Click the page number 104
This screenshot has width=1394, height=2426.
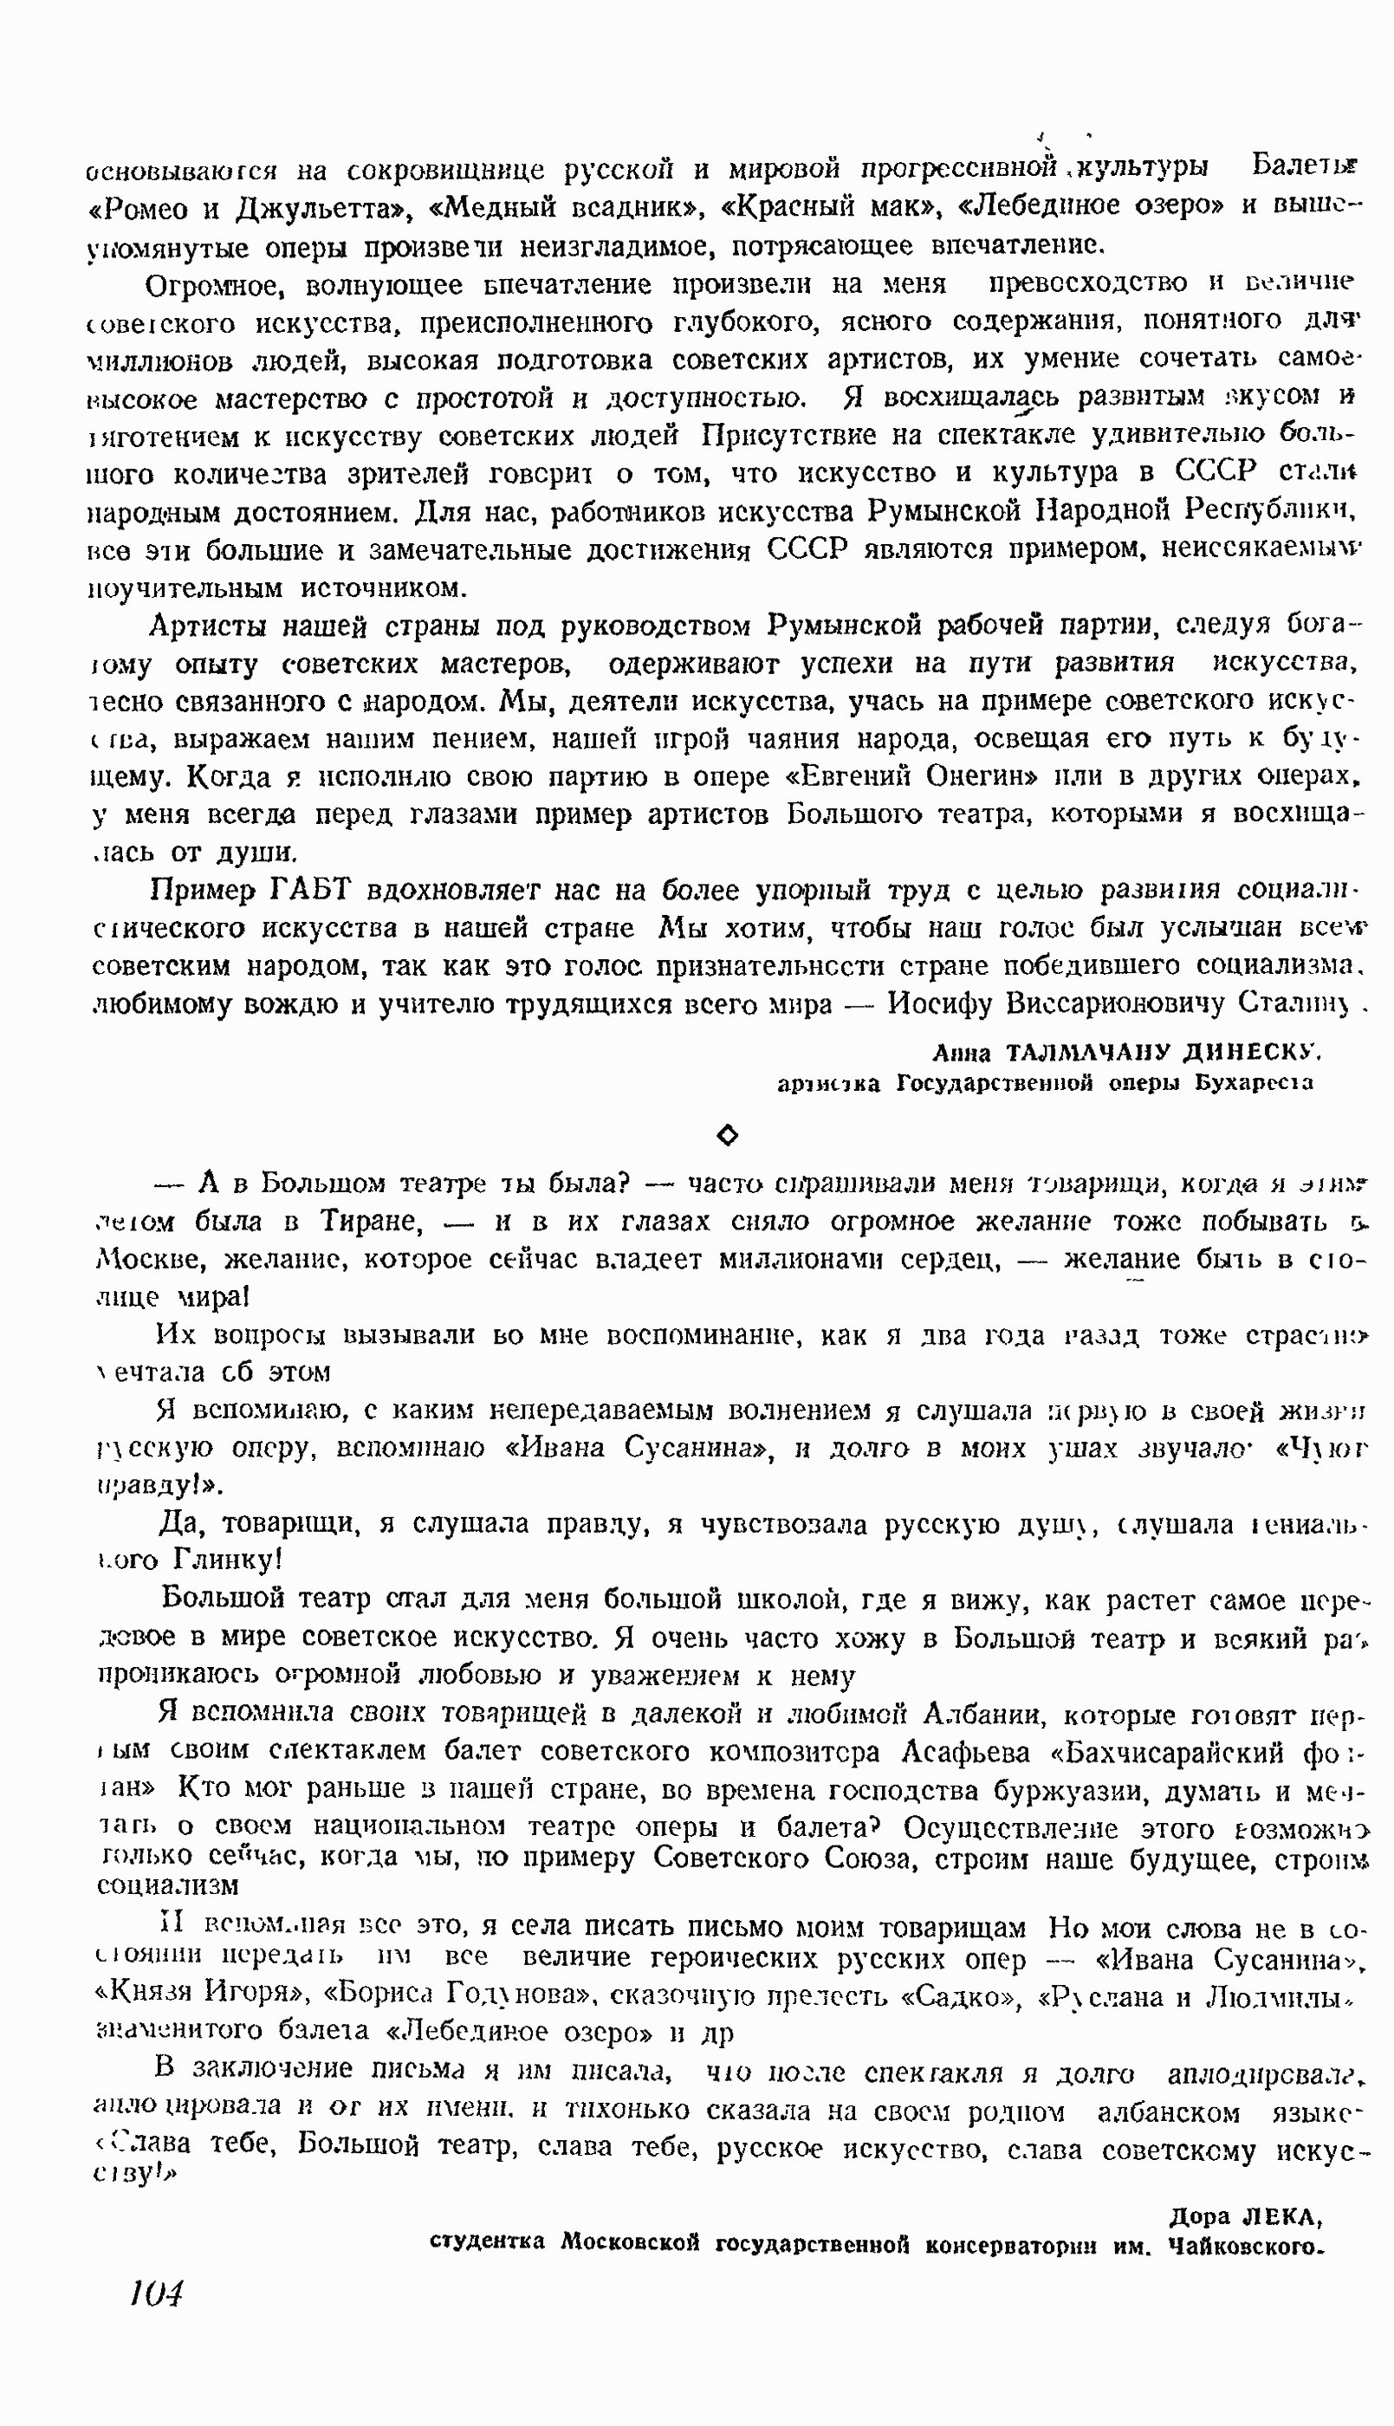155,2293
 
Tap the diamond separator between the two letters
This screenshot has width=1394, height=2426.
728,1134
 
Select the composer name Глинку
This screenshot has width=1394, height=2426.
226,1560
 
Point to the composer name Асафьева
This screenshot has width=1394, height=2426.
968,1751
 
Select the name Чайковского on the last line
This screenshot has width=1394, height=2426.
1245,2246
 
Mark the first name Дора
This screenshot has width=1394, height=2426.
1201,2216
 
